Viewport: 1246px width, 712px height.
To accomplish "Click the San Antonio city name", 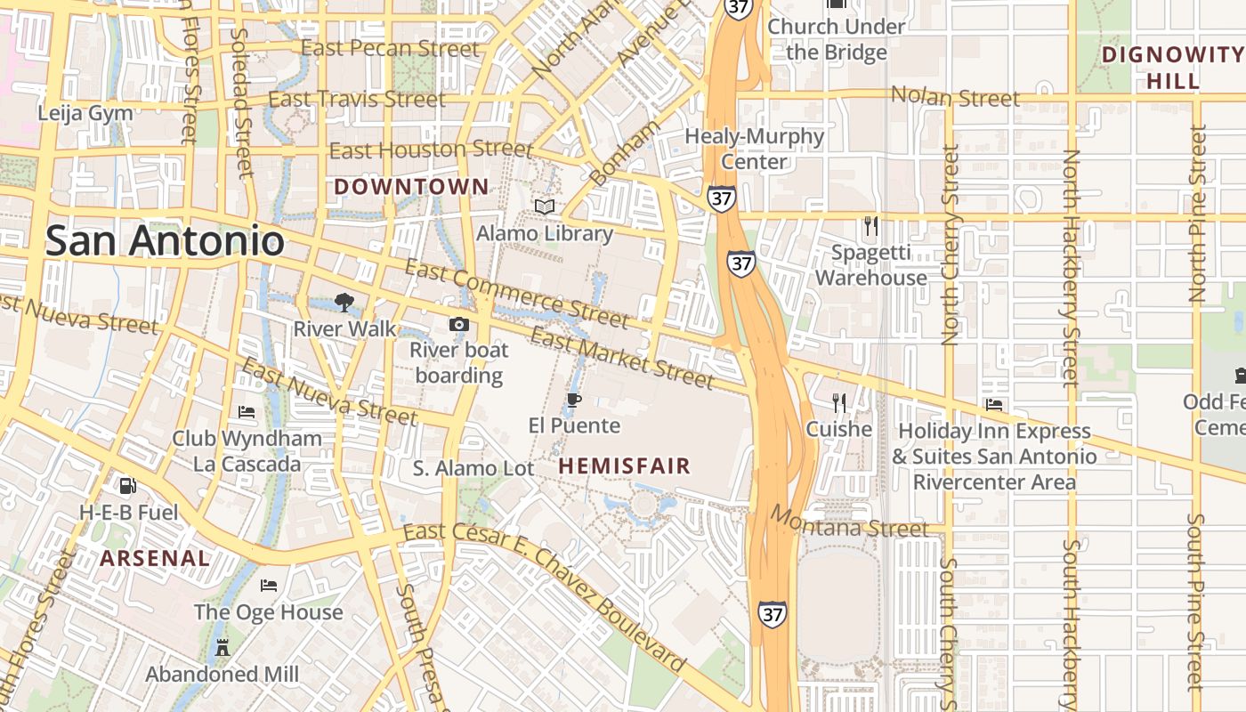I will coord(165,240).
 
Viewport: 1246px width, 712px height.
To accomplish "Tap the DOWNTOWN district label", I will coord(411,187).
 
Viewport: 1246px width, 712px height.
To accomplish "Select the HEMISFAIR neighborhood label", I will coord(624,465).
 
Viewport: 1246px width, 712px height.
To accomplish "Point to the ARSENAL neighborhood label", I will coord(155,558).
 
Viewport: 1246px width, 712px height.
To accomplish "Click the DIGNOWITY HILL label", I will coord(1172,68).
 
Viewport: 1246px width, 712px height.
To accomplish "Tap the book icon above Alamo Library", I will coord(545,207).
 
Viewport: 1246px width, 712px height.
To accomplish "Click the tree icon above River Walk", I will coord(344,303).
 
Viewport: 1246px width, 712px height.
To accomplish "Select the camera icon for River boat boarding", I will coord(458,324).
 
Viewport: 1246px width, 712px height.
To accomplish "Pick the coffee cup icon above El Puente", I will coord(574,400).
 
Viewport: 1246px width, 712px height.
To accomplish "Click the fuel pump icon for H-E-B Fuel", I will coord(128,486).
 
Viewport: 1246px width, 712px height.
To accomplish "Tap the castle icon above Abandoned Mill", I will coord(222,648).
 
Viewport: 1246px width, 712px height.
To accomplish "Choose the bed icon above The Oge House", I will coord(269,586).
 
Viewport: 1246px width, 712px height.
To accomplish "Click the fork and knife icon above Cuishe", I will coord(838,403).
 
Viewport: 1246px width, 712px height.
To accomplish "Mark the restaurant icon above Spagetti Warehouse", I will coord(871,226).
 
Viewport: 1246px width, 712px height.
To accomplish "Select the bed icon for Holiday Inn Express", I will coord(994,405).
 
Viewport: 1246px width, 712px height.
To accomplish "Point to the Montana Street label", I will coord(849,522).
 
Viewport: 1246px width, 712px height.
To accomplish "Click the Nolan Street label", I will coord(955,96).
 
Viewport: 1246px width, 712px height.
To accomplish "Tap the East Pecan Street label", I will coord(390,48).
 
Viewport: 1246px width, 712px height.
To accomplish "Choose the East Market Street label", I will coord(621,359).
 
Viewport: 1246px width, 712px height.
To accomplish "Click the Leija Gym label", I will coord(85,113).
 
